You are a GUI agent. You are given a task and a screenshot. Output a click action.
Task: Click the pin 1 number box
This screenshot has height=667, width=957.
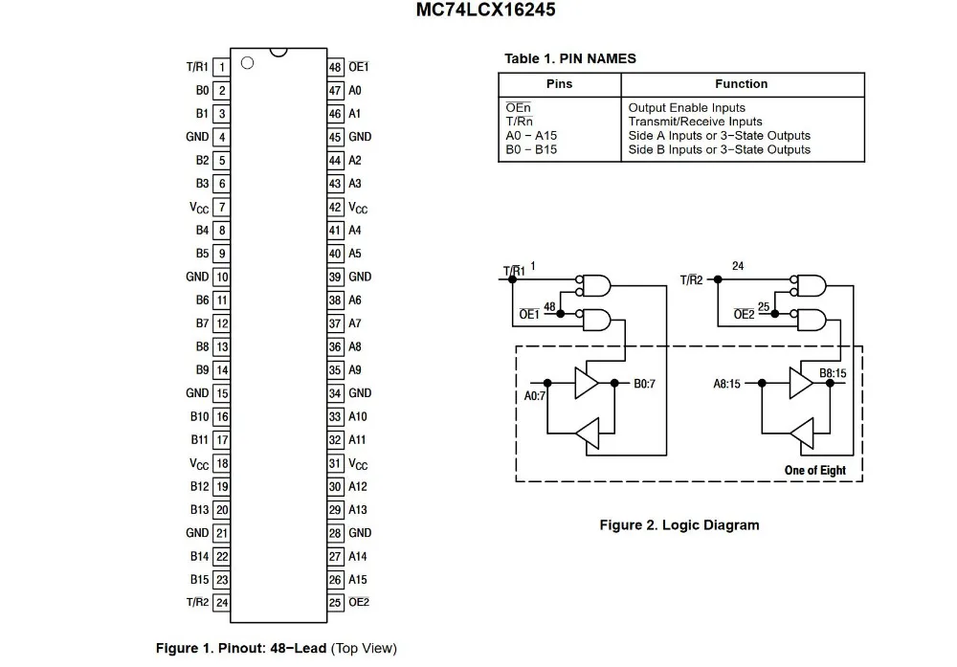(222, 67)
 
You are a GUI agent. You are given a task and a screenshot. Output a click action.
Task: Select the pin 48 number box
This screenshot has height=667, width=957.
(335, 67)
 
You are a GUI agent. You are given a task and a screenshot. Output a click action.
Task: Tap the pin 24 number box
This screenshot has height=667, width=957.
(222, 603)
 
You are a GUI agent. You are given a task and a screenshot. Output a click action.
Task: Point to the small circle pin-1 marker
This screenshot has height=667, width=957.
(247, 63)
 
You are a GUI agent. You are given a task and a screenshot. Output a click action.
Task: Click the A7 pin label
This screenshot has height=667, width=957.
(355, 323)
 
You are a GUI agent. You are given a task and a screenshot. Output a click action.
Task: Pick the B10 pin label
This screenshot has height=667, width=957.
(200, 417)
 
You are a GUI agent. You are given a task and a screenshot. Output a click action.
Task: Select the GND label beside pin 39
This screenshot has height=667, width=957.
(360, 278)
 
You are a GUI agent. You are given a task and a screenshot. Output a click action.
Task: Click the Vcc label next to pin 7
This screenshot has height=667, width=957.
(199, 208)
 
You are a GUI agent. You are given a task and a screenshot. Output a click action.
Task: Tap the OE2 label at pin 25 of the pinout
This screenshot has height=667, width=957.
(359, 602)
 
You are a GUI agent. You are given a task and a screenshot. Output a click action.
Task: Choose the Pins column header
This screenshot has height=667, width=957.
(559, 84)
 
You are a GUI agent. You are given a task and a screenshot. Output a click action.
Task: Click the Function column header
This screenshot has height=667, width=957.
(742, 84)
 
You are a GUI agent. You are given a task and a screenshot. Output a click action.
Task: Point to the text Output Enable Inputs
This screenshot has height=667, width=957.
(686, 108)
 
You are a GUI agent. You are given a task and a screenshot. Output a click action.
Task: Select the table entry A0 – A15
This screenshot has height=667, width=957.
(531, 136)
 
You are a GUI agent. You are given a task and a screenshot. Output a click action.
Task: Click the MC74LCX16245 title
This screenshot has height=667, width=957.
(486, 11)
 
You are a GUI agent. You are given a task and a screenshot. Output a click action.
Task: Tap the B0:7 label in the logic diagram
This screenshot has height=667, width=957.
(644, 384)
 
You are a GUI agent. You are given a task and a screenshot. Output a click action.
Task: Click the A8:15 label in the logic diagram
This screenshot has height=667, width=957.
(727, 384)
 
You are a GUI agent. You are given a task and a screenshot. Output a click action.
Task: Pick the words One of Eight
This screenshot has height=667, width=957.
(815, 471)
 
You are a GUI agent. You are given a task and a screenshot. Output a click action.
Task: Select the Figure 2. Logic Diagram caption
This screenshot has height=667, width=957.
(679, 525)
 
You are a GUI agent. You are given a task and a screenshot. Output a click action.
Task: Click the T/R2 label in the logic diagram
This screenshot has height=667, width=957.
(692, 280)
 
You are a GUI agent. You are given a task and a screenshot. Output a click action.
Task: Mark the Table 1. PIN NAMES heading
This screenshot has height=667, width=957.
(570, 58)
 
